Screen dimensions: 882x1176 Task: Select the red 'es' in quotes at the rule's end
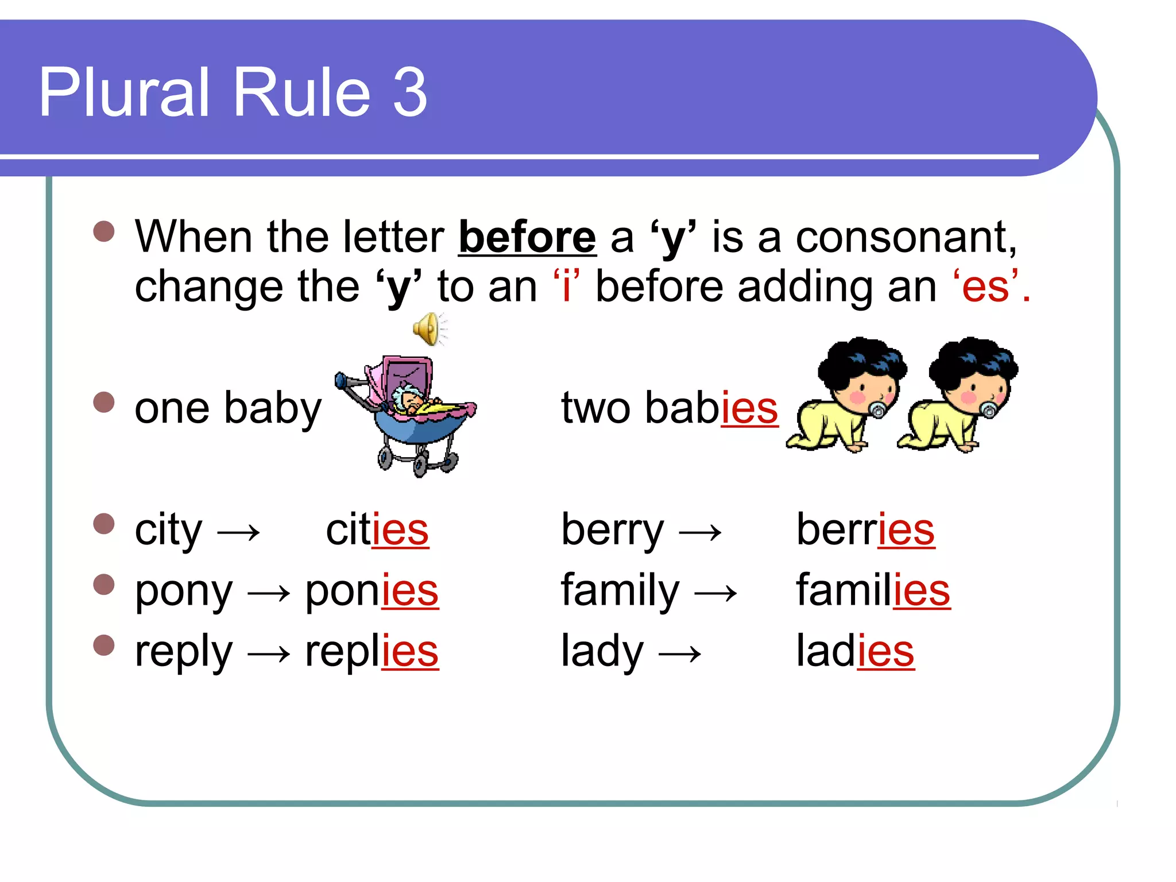tap(985, 287)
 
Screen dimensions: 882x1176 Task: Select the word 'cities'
tap(377, 529)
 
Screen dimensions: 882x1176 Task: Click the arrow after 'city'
tap(239, 533)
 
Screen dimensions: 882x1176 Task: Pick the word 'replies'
tap(372, 651)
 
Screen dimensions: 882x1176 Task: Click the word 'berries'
tap(865, 529)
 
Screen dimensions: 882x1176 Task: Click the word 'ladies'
tap(855, 651)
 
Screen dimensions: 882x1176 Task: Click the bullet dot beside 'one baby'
tap(104, 402)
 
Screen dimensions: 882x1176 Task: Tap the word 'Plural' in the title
tap(124, 92)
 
